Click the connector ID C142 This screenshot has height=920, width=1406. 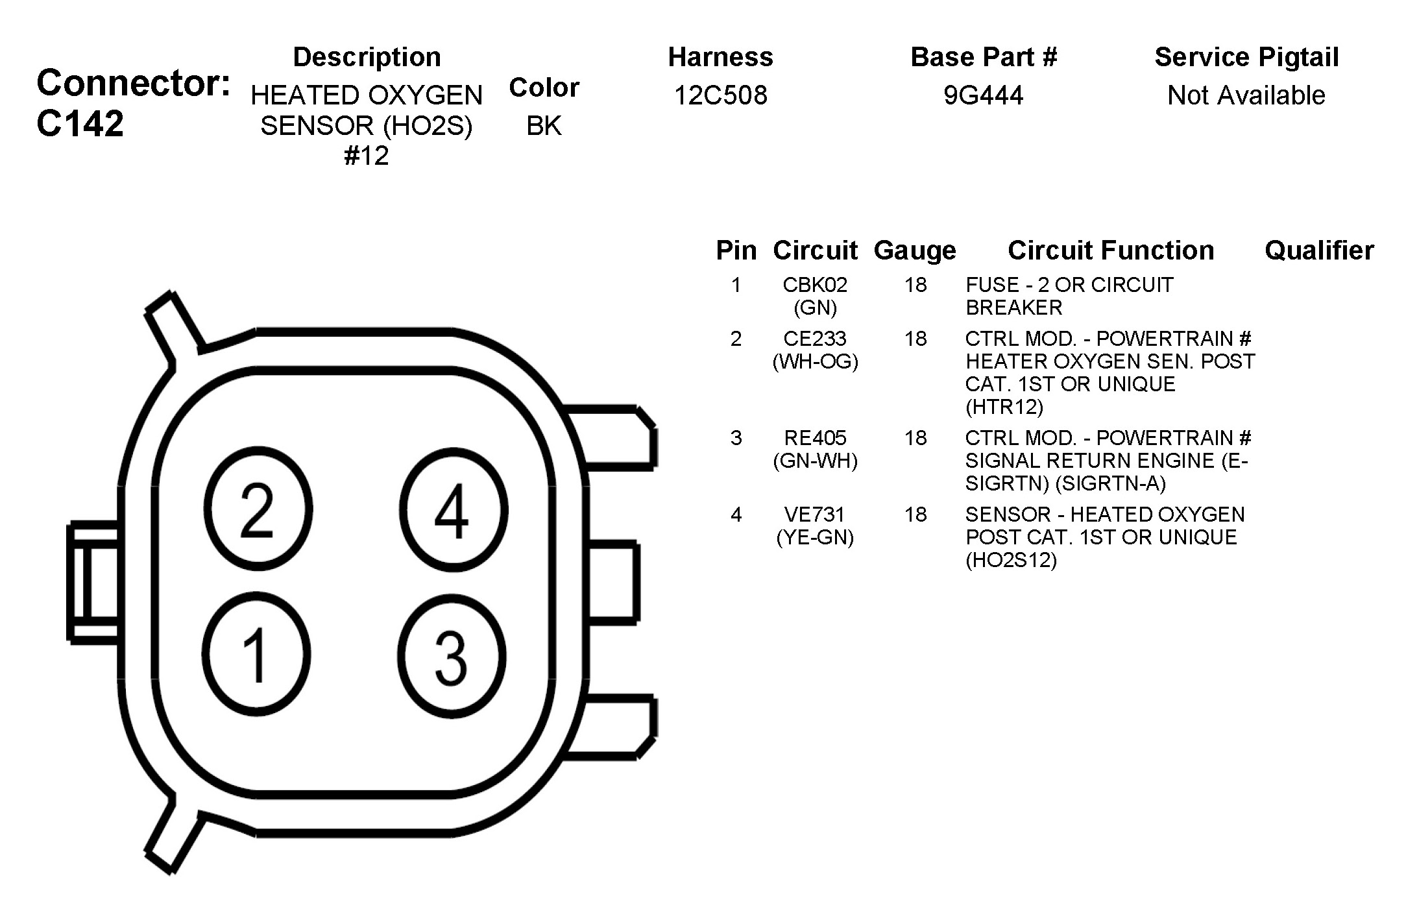point(80,123)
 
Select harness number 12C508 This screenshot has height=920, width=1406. point(720,95)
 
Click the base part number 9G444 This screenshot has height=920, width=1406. point(983,95)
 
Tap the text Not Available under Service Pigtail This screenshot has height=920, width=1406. point(1246,95)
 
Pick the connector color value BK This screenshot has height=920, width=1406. point(544,126)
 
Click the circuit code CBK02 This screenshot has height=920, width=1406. point(815,285)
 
